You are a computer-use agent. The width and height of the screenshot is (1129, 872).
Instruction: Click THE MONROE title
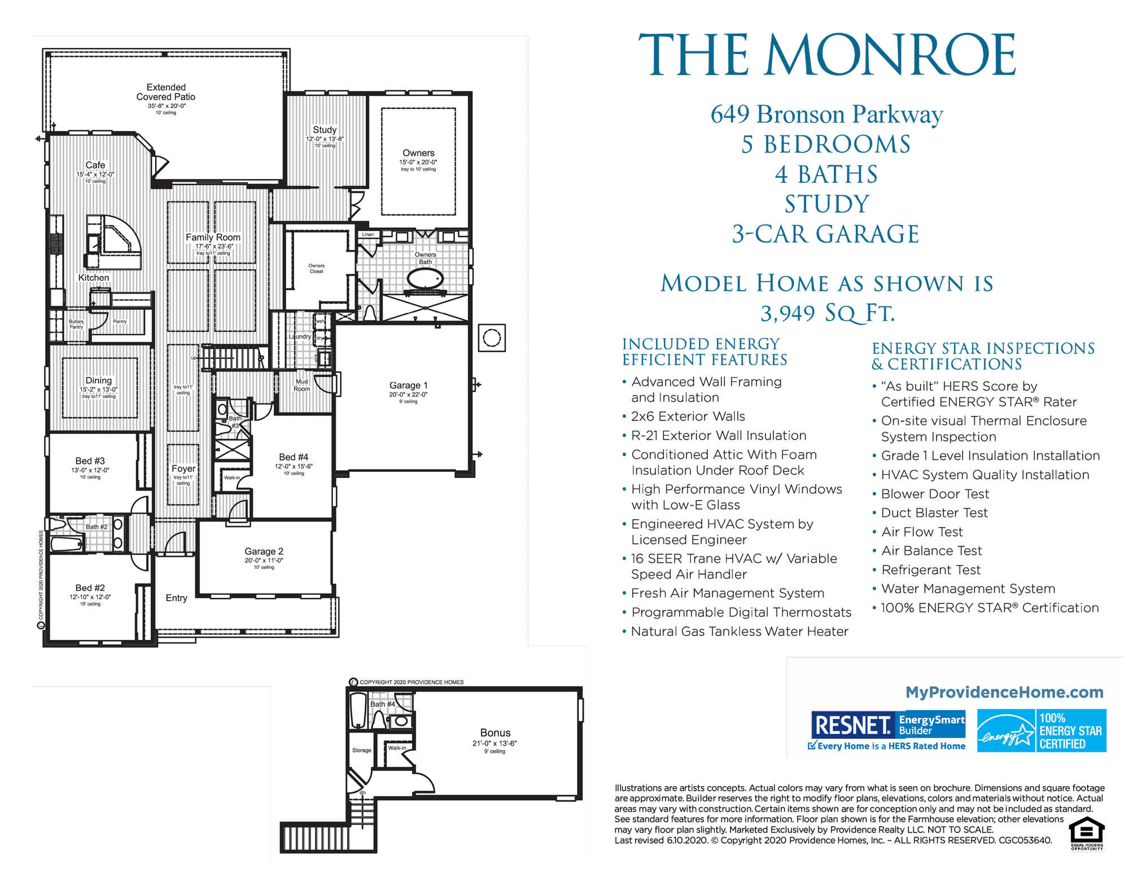coord(826,55)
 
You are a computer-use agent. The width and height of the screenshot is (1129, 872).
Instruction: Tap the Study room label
coord(325,130)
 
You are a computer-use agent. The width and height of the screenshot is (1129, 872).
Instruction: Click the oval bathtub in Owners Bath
coord(425,278)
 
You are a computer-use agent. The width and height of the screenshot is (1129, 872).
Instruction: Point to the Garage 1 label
coord(408,385)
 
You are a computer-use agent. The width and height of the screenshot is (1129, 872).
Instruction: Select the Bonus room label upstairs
coord(495,733)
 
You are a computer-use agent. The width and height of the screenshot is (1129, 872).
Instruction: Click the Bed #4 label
coord(294,457)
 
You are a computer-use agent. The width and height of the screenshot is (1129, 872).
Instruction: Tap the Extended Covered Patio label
coord(165,92)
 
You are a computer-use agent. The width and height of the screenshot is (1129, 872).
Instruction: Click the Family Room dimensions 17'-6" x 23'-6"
coord(214,247)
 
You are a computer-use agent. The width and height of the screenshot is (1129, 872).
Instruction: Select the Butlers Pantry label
coord(76,324)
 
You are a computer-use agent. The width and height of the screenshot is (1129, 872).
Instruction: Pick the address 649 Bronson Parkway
coord(826,115)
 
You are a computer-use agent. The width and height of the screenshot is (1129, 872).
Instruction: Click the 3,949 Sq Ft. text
coord(827,313)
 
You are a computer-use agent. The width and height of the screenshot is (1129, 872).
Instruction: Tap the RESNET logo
coord(852,725)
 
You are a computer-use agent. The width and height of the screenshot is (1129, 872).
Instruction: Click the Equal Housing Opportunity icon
coord(1087,833)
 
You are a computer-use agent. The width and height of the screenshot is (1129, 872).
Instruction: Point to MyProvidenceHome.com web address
coord(1004,692)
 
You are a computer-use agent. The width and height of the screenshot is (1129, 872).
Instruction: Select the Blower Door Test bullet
coord(935,494)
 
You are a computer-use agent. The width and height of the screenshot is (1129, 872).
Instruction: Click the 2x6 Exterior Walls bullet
coord(688,417)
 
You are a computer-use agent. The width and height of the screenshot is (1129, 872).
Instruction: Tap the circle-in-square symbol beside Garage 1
coord(492,338)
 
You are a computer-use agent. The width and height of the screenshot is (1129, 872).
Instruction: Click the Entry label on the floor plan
coord(176,598)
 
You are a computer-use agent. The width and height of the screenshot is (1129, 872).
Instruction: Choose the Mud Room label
coord(301,385)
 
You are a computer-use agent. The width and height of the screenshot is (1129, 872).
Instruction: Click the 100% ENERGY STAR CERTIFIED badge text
coord(1070,731)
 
